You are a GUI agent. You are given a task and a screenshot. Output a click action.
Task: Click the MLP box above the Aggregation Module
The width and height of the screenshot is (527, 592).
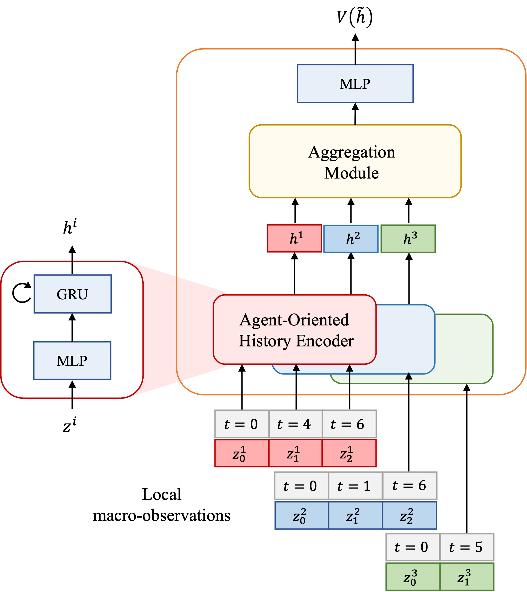coord(355,84)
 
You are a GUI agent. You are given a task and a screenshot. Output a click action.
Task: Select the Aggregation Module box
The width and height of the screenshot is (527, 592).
coord(355,161)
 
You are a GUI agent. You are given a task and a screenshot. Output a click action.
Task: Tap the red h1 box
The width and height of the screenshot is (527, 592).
coord(295,238)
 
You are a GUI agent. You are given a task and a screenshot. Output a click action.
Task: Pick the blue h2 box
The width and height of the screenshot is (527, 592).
coord(351,239)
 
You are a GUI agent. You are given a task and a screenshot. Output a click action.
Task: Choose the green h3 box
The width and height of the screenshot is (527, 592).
coord(408,239)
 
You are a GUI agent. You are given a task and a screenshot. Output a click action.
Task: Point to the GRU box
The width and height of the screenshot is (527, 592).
coord(73,294)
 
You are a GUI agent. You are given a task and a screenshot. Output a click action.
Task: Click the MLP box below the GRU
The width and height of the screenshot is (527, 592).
coord(72,361)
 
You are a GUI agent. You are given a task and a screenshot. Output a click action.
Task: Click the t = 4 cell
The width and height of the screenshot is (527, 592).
coord(295,424)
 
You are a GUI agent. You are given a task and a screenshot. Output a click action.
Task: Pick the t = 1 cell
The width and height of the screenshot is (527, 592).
coord(355,485)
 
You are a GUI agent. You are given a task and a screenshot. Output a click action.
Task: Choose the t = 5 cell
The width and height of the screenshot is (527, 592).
coord(467,547)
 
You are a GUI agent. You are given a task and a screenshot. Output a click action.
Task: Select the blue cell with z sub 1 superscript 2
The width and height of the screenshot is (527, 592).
coord(355,515)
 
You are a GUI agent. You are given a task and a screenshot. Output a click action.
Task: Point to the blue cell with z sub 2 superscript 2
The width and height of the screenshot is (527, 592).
coord(410,515)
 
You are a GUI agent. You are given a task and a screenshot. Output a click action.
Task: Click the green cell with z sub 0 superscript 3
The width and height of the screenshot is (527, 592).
coord(413,577)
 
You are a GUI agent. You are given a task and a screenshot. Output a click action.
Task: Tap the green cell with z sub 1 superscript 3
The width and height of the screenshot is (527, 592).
coord(467,577)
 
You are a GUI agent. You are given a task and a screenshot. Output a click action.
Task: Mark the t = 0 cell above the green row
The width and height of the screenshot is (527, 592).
coord(413,547)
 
